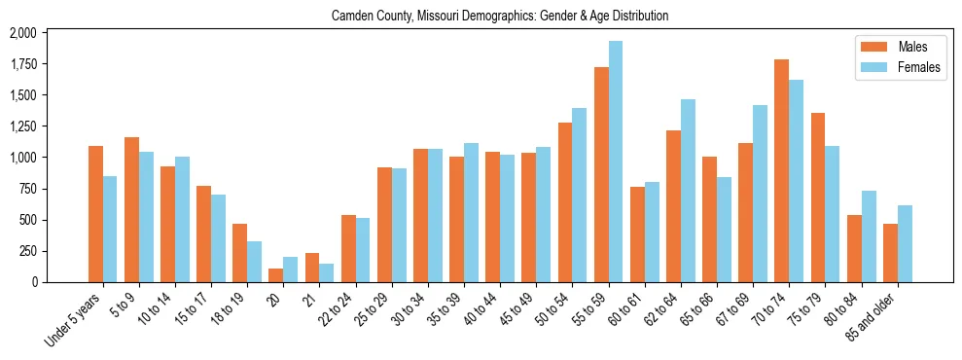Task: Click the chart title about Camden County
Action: [500, 17]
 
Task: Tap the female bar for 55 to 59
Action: [616, 162]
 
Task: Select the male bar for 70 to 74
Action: [781, 171]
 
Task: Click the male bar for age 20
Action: [276, 275]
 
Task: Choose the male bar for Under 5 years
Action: [95, 214]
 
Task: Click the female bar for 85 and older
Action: [905, 244]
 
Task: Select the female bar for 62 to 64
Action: [688, 191]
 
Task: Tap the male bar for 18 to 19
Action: [239, 253]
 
